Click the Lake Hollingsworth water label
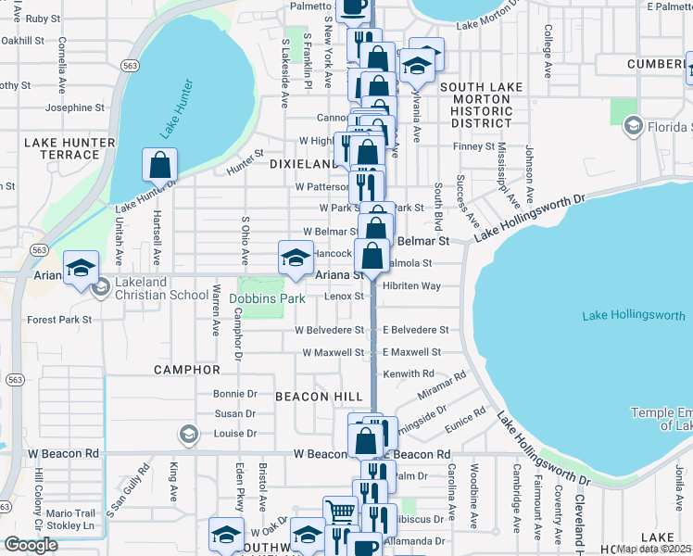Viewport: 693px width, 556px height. (635, 316)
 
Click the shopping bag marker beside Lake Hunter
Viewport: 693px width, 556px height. (160, 166)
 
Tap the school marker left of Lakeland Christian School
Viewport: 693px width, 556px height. (81, 268)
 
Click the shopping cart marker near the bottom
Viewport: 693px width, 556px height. (340, 512)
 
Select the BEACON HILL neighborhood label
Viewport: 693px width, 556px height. (319, 396)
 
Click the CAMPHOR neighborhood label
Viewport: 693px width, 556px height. (187, 370)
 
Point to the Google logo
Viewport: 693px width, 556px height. (31, 545)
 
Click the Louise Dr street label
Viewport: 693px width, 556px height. (235, 434)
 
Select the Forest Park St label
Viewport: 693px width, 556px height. (60, 320)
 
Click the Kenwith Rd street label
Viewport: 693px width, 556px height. (409, 373)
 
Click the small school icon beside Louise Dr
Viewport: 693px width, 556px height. (188, 435)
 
